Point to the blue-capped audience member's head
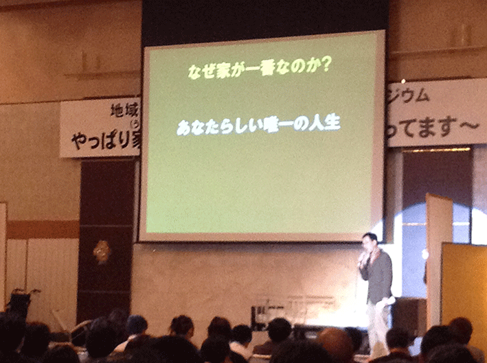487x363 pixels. point(137,324)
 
